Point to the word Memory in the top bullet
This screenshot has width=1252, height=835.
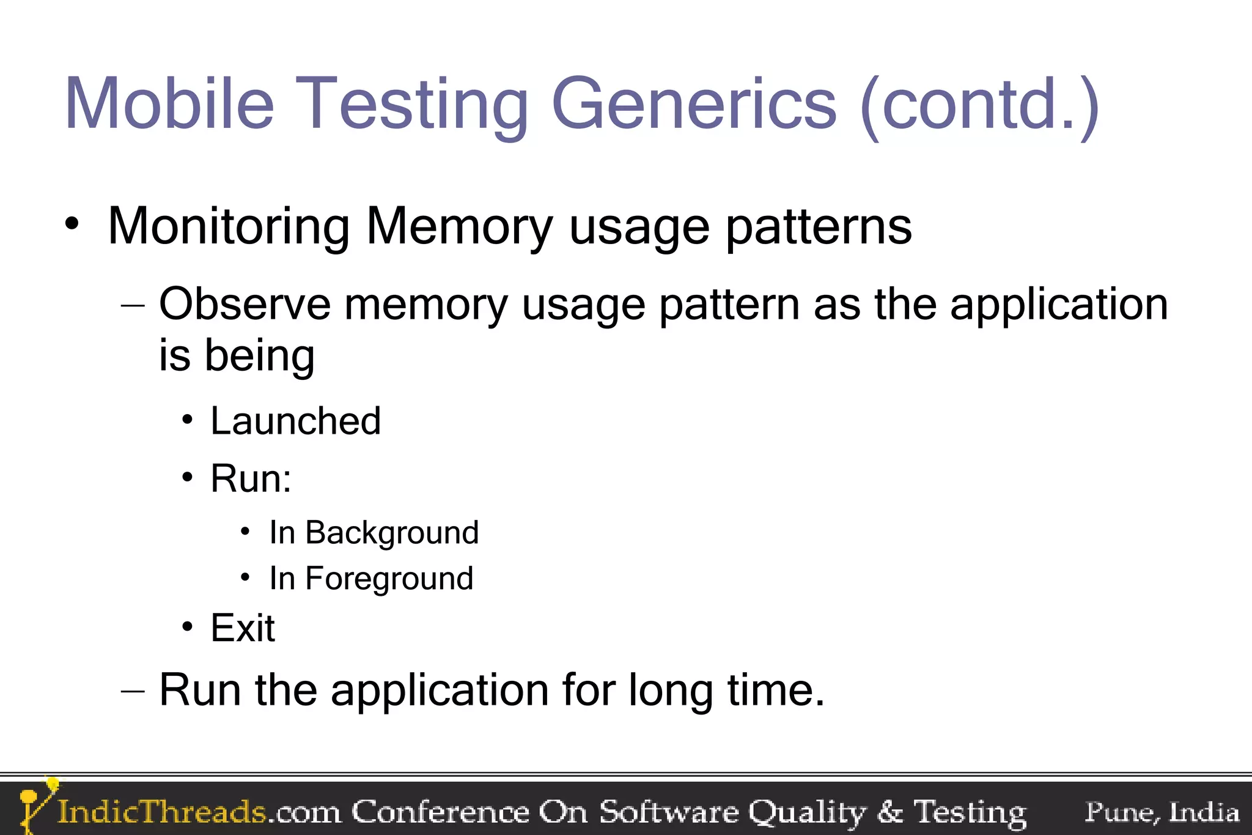click(459, 227)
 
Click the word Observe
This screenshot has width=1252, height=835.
click(244, 304)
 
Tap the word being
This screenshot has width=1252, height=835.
click(259, 356)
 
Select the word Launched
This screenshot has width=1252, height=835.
click(295, 421)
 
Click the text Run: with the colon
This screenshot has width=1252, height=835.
click(251, 478)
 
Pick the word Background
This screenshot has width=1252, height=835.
click(392, 533)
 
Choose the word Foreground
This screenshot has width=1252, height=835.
click(389, 579)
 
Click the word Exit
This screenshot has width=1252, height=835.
click(243, 628)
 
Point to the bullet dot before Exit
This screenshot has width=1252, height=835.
click(187, 627)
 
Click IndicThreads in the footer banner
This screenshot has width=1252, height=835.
click(161, 812)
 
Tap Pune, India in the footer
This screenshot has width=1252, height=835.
click(1162, 812)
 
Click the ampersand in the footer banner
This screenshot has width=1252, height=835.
click(889, 812)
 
